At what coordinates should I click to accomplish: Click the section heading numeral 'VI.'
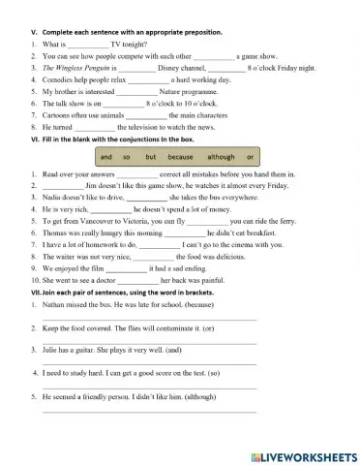[x=37, y=139]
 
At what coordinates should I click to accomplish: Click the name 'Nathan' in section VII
[x=56, y=303]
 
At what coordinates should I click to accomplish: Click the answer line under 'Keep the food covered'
[x=150, y=341]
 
